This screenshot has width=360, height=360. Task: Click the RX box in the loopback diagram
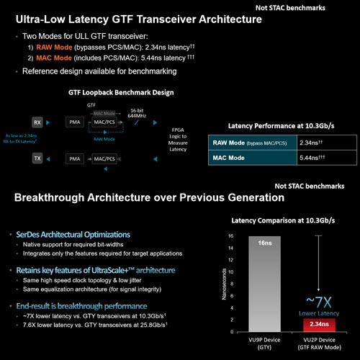tap(37, 122)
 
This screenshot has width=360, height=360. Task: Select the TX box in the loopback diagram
tap(37, 157)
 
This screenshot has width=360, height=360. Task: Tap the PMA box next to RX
tap(74, 122)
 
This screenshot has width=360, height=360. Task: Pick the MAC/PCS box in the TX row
tap(105, 157)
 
